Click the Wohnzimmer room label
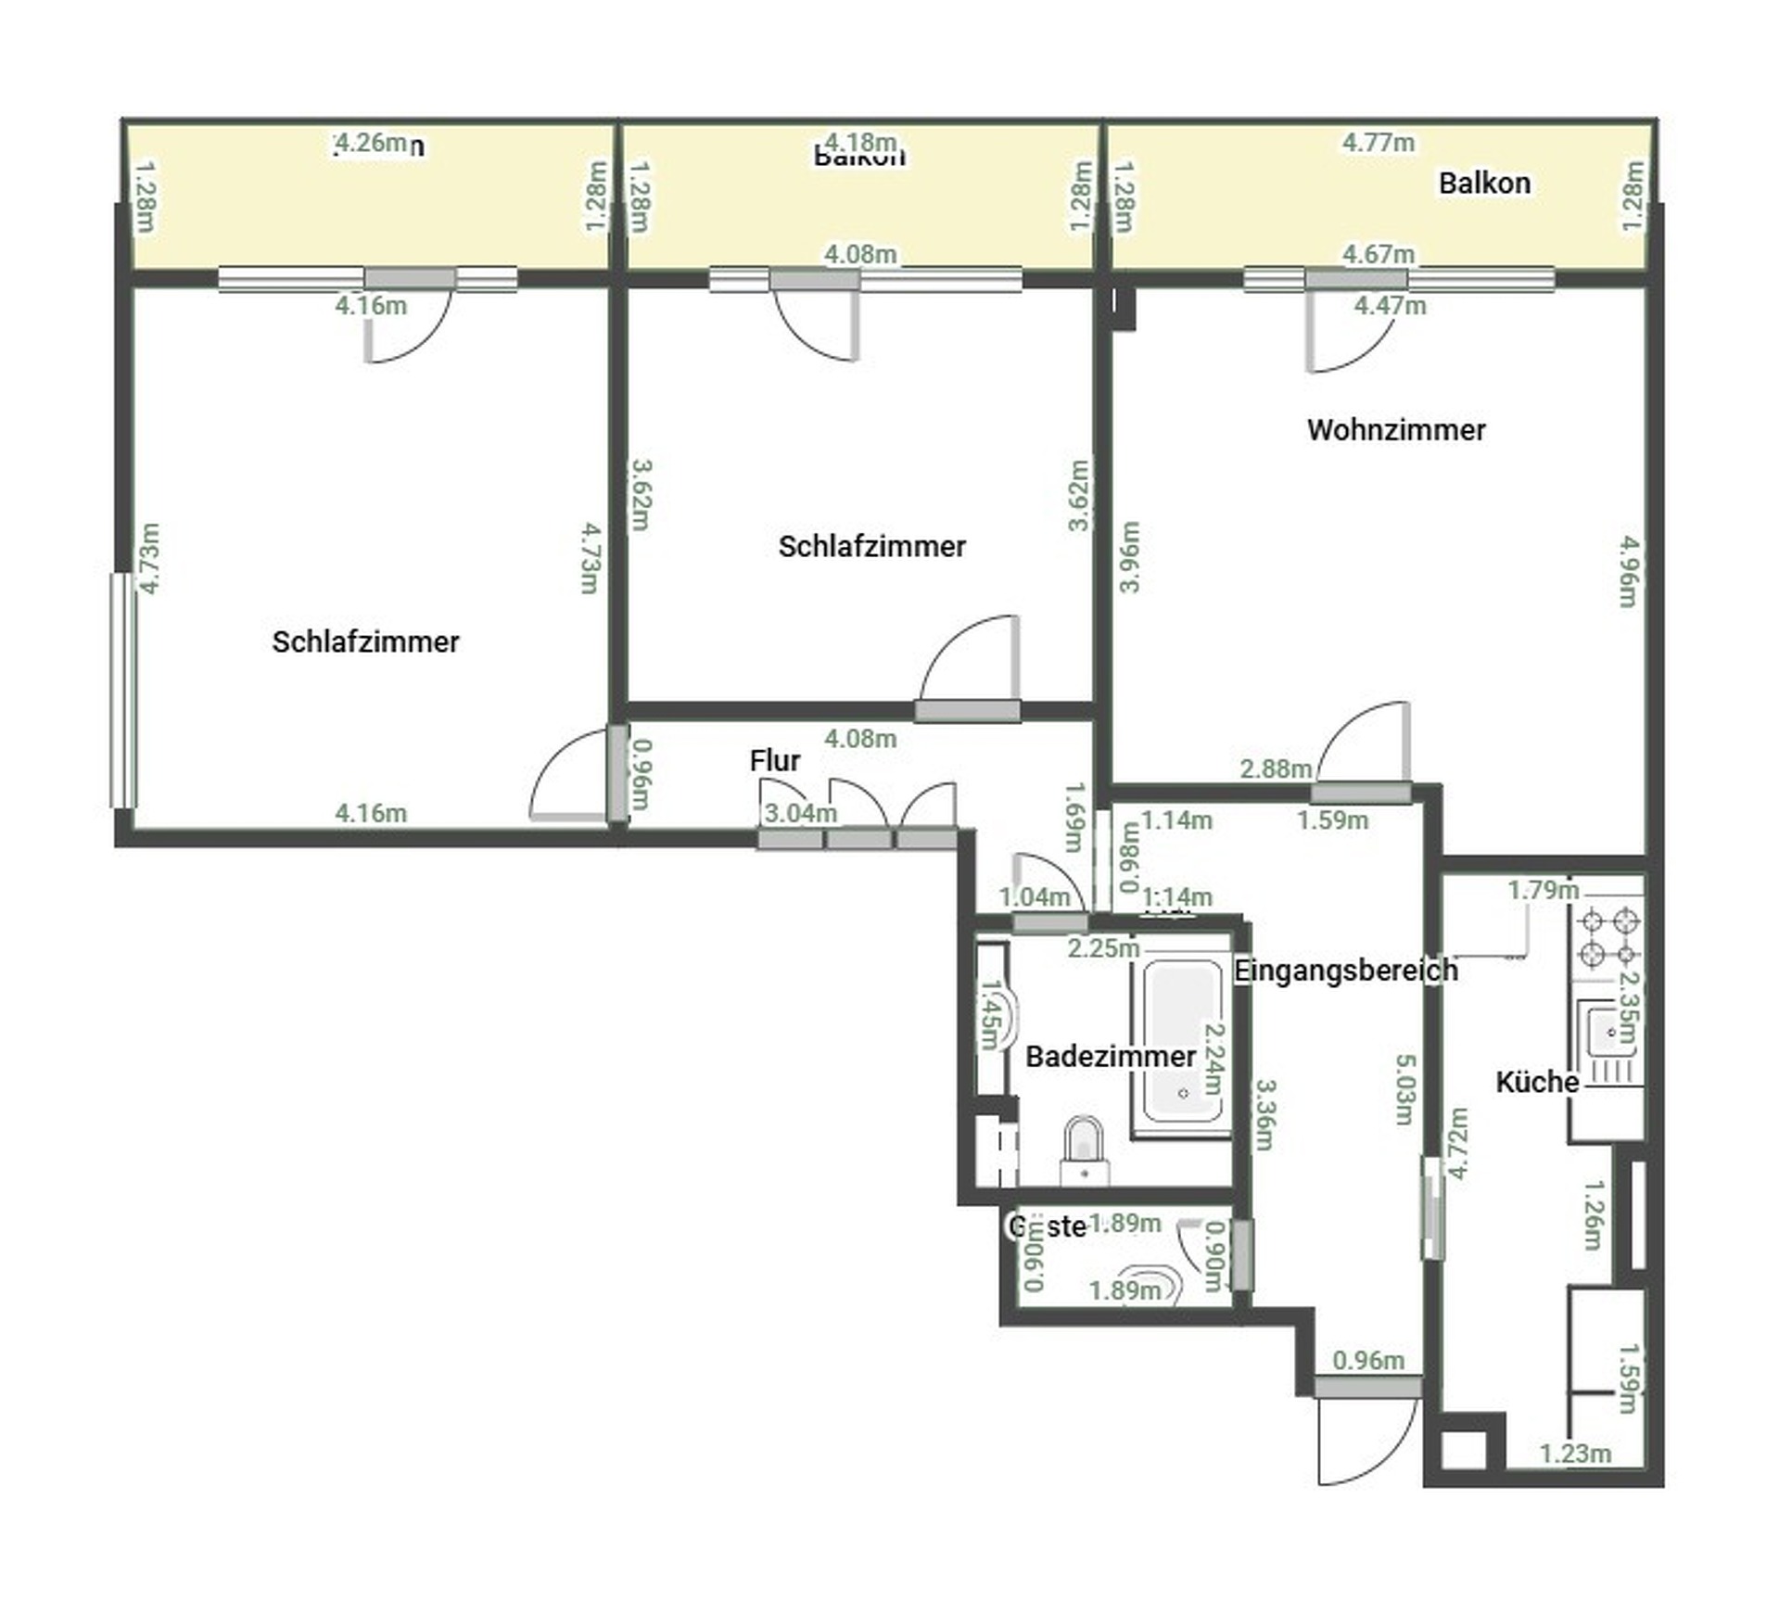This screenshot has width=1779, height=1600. [1396, 430]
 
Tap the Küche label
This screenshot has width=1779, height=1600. [1537, 1082]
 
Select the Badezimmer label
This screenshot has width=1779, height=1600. [1110, 1057]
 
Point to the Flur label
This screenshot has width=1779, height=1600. [775, 761]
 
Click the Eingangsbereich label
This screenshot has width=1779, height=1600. [1346, 971]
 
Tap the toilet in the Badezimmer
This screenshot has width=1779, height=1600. [1085, 1149]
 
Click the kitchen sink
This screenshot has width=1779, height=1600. [1610, 1034]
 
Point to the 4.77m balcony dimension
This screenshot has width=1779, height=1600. [1379, 143]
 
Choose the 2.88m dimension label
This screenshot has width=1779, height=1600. [1276, 768]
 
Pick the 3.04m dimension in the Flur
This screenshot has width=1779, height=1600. [800, 813]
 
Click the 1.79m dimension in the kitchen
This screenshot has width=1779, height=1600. [1543, 890]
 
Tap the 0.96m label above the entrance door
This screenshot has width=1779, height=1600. [1368, 1360]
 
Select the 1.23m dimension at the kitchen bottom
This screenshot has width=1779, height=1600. [1575, 1454]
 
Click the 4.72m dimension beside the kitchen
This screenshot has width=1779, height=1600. [1458, 1143]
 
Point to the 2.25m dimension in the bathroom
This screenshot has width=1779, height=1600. [1103, 948]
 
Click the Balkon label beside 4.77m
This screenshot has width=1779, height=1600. [1484, 184]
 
